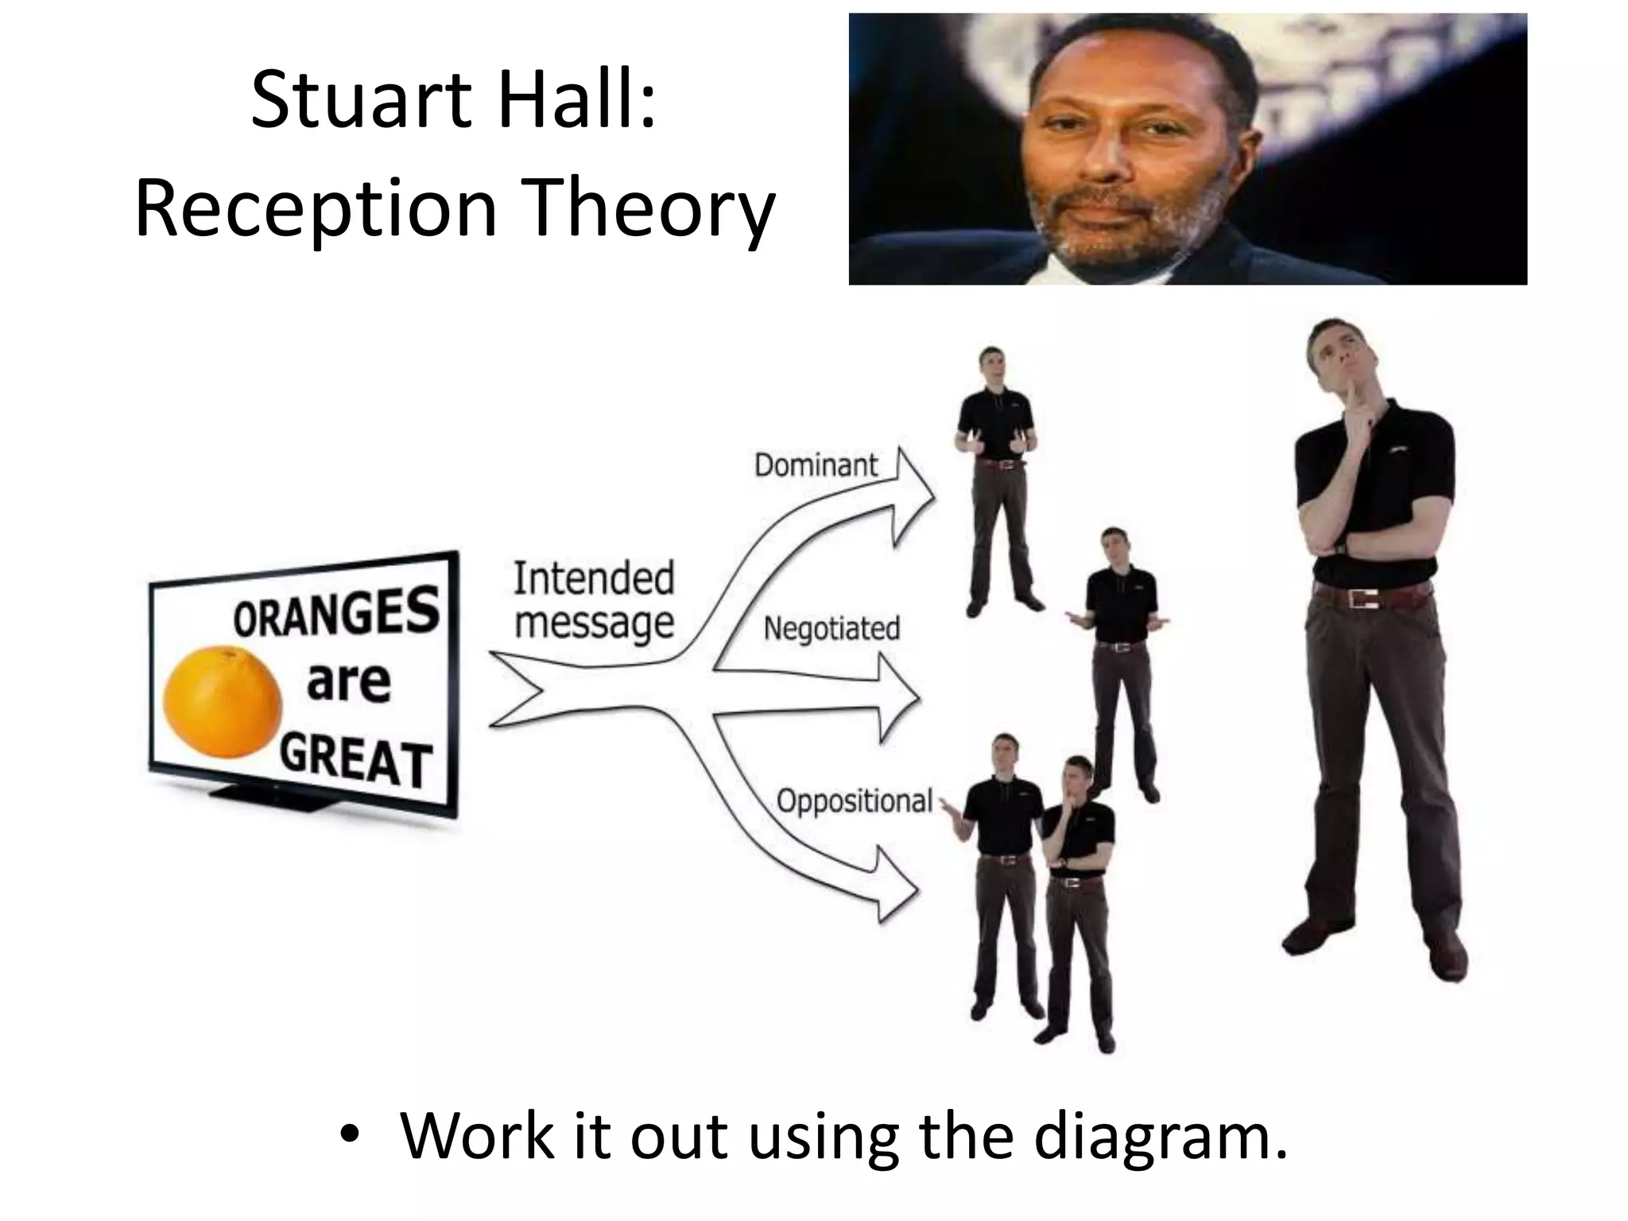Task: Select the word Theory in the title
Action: pos(652,209)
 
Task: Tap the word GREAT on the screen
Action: pos(356,761)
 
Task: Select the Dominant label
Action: pos(816,465)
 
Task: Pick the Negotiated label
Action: pos(831,629)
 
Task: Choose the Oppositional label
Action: pos(854,800)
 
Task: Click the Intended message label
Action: pos(594,600)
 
